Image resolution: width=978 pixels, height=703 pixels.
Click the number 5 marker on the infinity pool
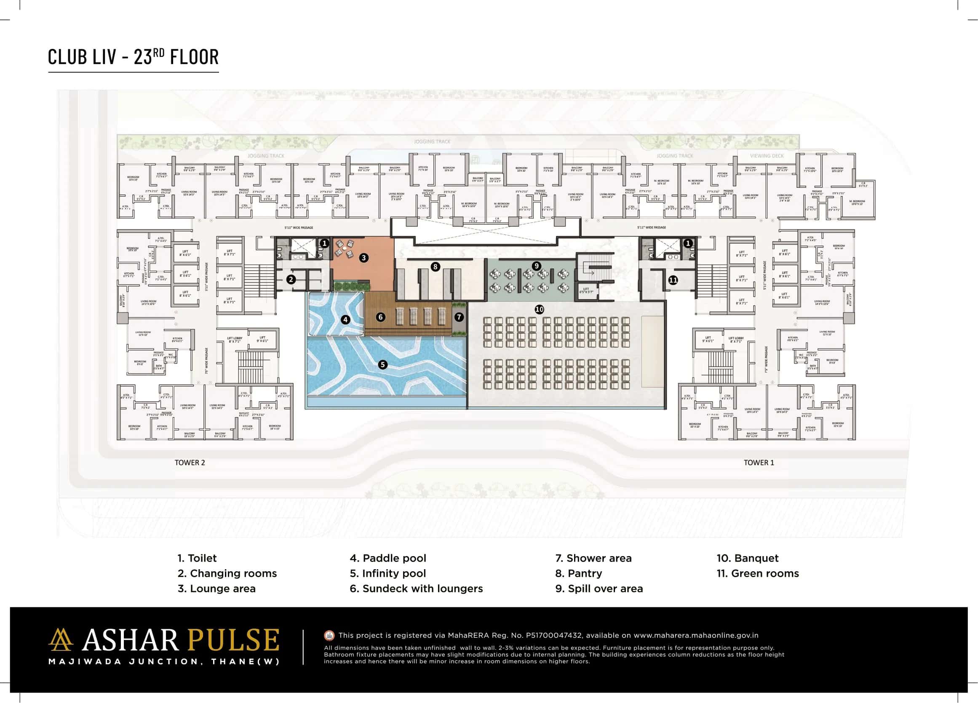coord(382,365)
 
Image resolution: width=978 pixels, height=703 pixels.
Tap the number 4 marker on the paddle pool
coord(345,320)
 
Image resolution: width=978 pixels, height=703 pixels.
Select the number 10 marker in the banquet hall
coord(539,309)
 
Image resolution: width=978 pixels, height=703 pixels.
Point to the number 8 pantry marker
coord(435,267)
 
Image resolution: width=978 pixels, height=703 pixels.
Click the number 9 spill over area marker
coord(537,266)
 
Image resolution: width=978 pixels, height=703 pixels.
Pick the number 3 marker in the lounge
coord(363,258)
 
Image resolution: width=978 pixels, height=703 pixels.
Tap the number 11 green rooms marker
coord(673,280)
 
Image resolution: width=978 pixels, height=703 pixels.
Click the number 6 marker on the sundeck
coord(380,317)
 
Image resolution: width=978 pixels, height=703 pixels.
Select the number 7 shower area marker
coord(459,317)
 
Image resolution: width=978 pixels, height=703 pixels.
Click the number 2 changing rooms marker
coord(291,279)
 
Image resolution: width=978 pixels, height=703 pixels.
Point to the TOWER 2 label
coord(190,463)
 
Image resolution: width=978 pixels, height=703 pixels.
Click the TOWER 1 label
coord(759,463)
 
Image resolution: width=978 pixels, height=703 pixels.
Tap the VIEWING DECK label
coord(766,156)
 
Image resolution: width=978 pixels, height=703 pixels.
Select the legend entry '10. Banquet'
coord(747,558)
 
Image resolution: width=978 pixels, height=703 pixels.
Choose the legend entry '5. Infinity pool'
coord(387,573)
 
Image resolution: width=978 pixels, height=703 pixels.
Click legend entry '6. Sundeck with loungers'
coord(416,588)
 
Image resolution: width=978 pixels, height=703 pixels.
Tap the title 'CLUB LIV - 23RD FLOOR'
coord(133,57)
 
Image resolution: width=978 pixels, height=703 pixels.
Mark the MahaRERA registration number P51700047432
coord(553,635)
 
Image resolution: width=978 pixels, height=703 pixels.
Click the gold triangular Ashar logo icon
coord(60,639)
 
